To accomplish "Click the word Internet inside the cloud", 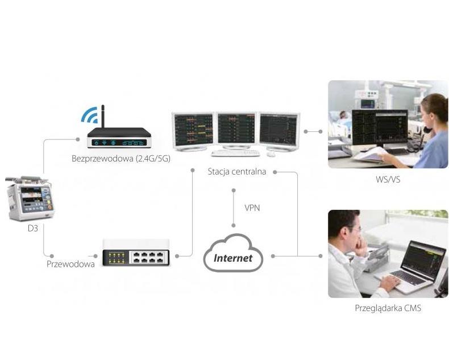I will [x=233, y=258].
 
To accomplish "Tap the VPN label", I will [x=252, y=208].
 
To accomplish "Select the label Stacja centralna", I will [x=236, y=171].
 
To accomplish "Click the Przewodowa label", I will [x=70, y=264].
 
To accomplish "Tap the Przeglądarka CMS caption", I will [x=388, y=308].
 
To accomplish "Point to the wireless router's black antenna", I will [x=103, y=117].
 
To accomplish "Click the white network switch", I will [x=135, y=254].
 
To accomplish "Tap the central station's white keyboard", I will [x=235, y=152].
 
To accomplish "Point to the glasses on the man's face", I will [x=354, y=229].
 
